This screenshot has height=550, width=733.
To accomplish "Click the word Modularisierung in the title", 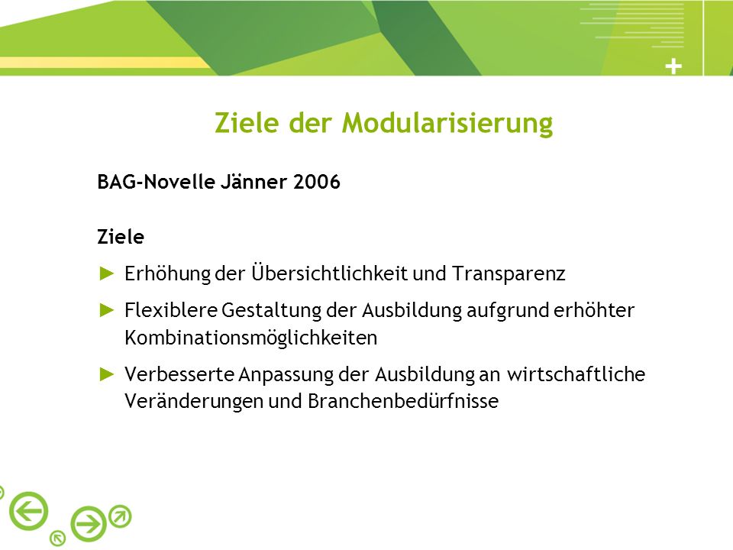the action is (447, 124).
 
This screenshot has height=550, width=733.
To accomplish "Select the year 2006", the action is (316, 182).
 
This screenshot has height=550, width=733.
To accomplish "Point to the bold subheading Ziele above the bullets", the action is (121, 237).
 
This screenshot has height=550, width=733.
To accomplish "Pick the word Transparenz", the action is (509, 274).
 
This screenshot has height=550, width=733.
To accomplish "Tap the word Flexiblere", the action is (171, 310).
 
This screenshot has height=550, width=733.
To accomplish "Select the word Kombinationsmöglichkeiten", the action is (251, 338).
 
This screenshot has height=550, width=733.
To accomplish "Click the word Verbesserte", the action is (179, 374).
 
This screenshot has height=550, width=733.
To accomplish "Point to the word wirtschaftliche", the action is (576, 374).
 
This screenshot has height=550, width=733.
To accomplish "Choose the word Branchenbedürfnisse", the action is (403, 401).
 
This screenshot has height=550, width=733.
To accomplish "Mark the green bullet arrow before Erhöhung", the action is (107, 273).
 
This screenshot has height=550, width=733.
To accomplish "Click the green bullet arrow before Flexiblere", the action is (107, 310).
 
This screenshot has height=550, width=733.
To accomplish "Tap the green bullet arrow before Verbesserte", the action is (107, 374).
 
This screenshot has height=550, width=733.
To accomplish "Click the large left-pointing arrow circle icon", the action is (28, 511).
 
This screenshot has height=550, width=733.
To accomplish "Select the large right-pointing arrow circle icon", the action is (89, 524).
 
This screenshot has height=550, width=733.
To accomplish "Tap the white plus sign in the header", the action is (673, 67).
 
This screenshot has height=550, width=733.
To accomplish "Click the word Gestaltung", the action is (271, 311).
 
